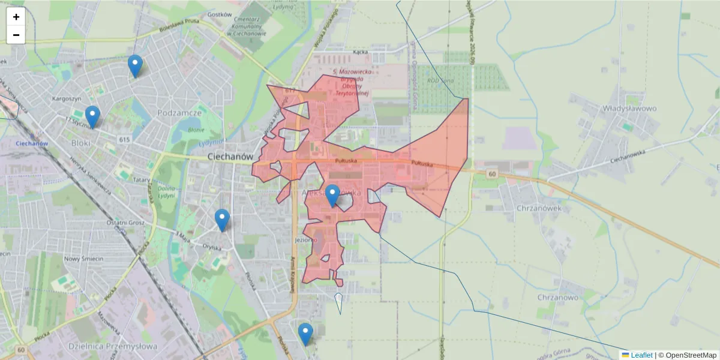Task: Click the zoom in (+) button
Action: click(16, 17)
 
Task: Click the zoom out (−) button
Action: click(16, 35)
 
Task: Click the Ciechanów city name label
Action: click(228, 156)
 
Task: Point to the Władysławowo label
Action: click(629, 109)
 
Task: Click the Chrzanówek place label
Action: click(538, 208)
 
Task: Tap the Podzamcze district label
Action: click(179, 113)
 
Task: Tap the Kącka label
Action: click(360, 52)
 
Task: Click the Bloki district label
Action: click(80, 143)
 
